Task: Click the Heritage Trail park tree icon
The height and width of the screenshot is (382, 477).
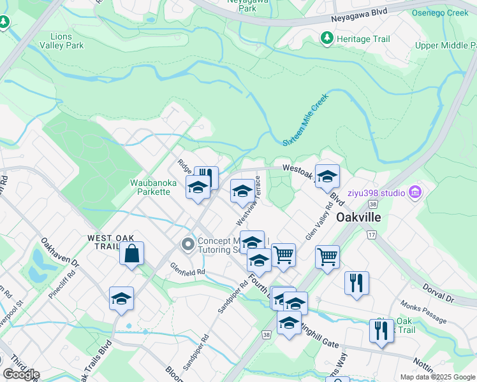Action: click(327, 39)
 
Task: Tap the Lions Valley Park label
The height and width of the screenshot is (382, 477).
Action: click(62, 41)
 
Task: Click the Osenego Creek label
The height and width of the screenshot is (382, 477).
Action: click(440, 13)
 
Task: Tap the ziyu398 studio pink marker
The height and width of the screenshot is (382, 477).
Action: click(416, 191)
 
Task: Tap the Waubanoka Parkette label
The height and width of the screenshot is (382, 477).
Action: click(153, 188)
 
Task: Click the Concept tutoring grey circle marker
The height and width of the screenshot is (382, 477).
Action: click(187, 244)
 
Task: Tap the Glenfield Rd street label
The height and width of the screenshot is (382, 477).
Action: click(187, 269)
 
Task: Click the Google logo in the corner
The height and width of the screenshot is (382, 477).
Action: click(21, 374)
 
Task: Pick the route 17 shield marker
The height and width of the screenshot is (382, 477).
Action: click(371, 234)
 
